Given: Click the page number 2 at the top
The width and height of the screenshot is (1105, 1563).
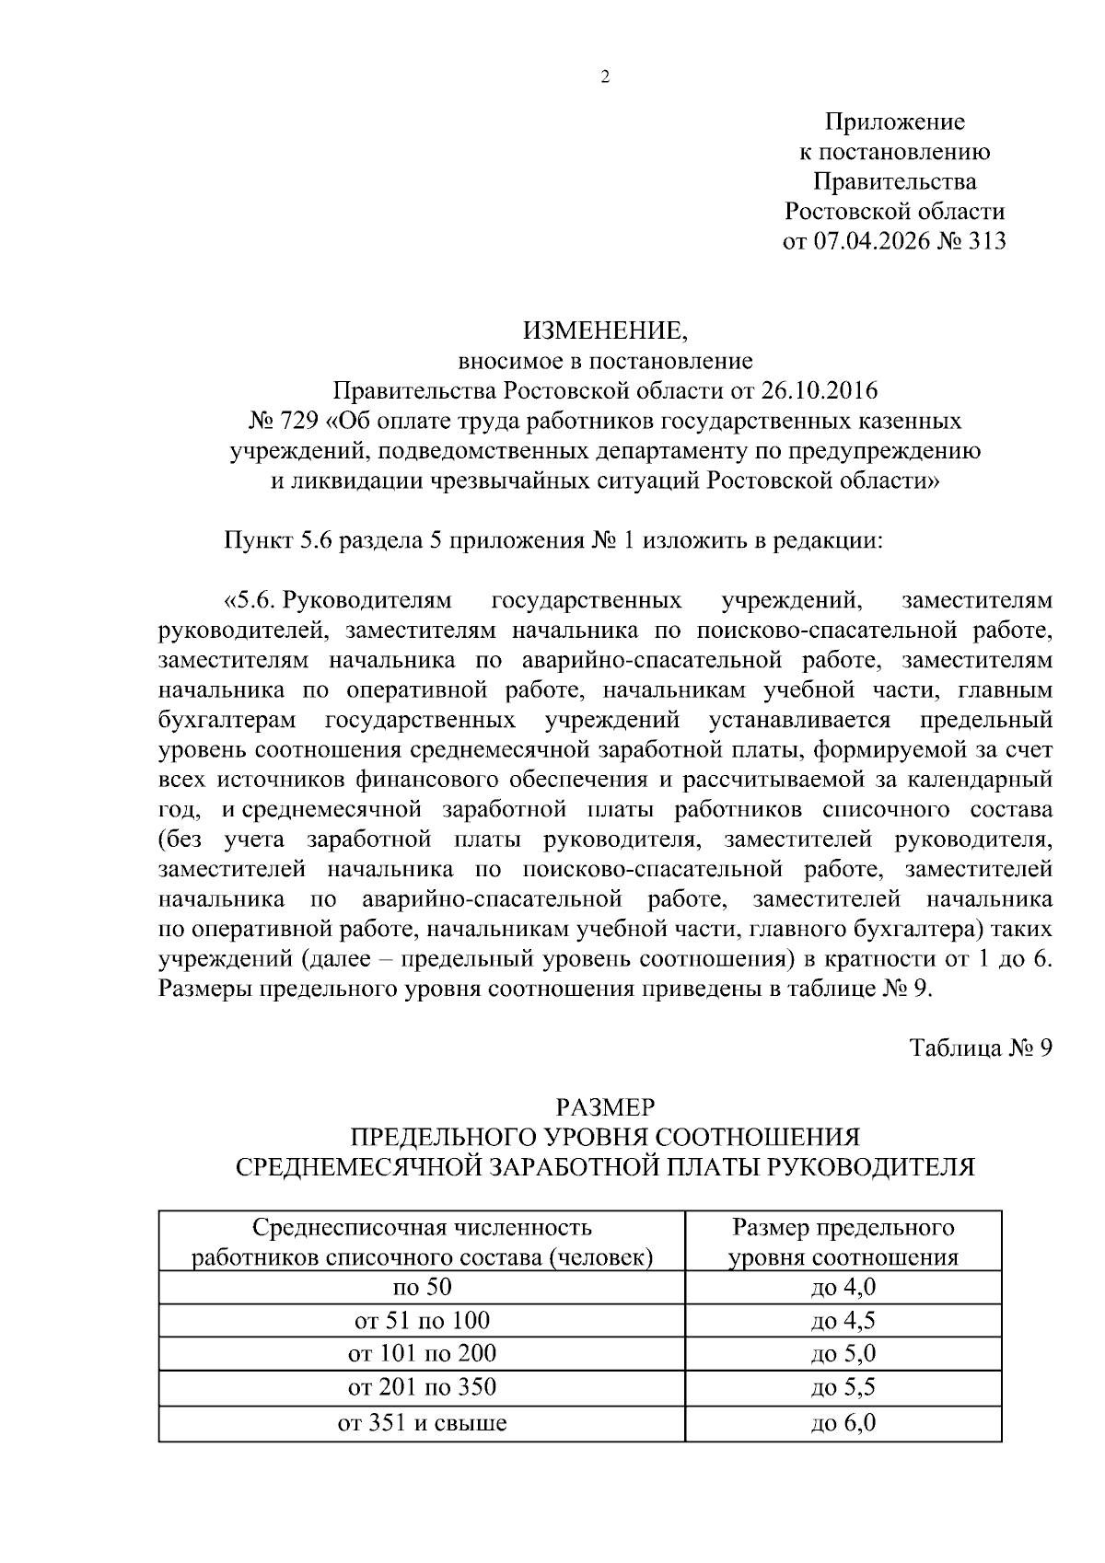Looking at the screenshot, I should point(605,77).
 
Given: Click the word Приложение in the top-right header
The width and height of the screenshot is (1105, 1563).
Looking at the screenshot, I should point(894,122).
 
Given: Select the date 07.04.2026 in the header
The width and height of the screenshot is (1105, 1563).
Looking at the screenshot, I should point(871,242).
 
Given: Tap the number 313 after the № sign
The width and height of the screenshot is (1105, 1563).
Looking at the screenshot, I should point(984,242).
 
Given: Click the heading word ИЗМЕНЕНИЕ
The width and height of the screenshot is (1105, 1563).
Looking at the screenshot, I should point(604,330).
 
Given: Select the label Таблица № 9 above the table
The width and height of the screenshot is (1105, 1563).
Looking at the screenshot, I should point(980,1048).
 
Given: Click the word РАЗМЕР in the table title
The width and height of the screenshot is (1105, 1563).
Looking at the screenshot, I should point(604,1106).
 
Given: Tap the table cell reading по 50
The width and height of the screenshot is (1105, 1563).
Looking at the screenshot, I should point(422,1287).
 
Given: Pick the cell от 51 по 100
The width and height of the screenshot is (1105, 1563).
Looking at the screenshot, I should point(422,1321).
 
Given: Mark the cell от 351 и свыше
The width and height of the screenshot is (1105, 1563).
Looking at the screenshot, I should point(422,1423).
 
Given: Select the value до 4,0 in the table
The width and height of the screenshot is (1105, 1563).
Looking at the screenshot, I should point(843,1287).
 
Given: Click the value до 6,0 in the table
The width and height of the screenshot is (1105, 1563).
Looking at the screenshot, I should point(843,1423).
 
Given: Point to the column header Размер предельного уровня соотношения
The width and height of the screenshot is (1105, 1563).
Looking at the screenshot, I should point(843,1243).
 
